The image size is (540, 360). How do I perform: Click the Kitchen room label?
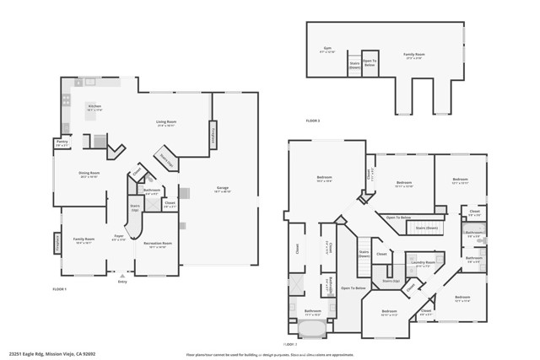coord(94,109)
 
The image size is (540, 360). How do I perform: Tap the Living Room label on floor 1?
coord(165,124)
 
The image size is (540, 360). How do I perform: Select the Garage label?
coord(223,190)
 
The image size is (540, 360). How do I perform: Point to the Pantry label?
coord(62,143)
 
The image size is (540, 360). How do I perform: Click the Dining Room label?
coord(89,175)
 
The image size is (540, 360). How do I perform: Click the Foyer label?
coord(119,239)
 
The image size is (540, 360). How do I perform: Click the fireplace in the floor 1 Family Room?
coord(57,243)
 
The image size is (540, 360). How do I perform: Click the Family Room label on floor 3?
coord(414,58)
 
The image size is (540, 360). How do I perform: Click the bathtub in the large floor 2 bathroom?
coord(311,328)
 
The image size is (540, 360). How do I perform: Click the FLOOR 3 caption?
coord(313,121)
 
